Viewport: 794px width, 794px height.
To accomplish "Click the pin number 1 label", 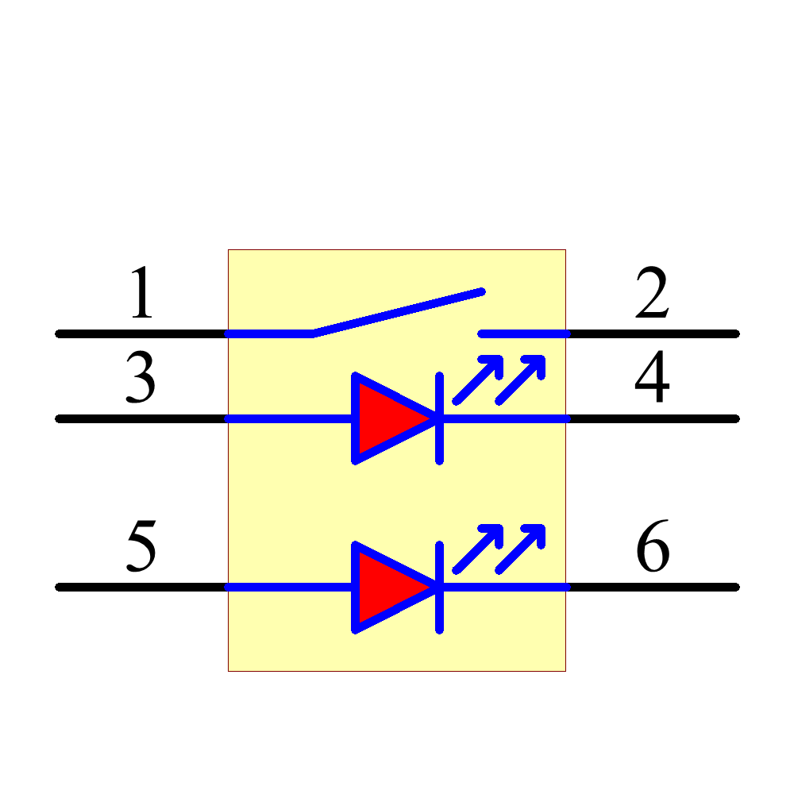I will [141, 293].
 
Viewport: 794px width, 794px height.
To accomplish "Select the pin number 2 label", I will [652, 293].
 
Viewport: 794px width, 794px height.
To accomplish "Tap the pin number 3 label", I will [141, 378].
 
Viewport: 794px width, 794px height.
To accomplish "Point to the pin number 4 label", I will [652, 378].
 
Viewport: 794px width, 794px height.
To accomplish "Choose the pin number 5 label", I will [141, 547].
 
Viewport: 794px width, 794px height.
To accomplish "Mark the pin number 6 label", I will [653, 547].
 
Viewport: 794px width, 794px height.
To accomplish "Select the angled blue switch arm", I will [397, 313].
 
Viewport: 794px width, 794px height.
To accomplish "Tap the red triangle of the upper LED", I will [385, 418].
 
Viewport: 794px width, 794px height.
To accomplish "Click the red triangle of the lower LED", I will [385, 588].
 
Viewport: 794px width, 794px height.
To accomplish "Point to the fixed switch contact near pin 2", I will [524, 333].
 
